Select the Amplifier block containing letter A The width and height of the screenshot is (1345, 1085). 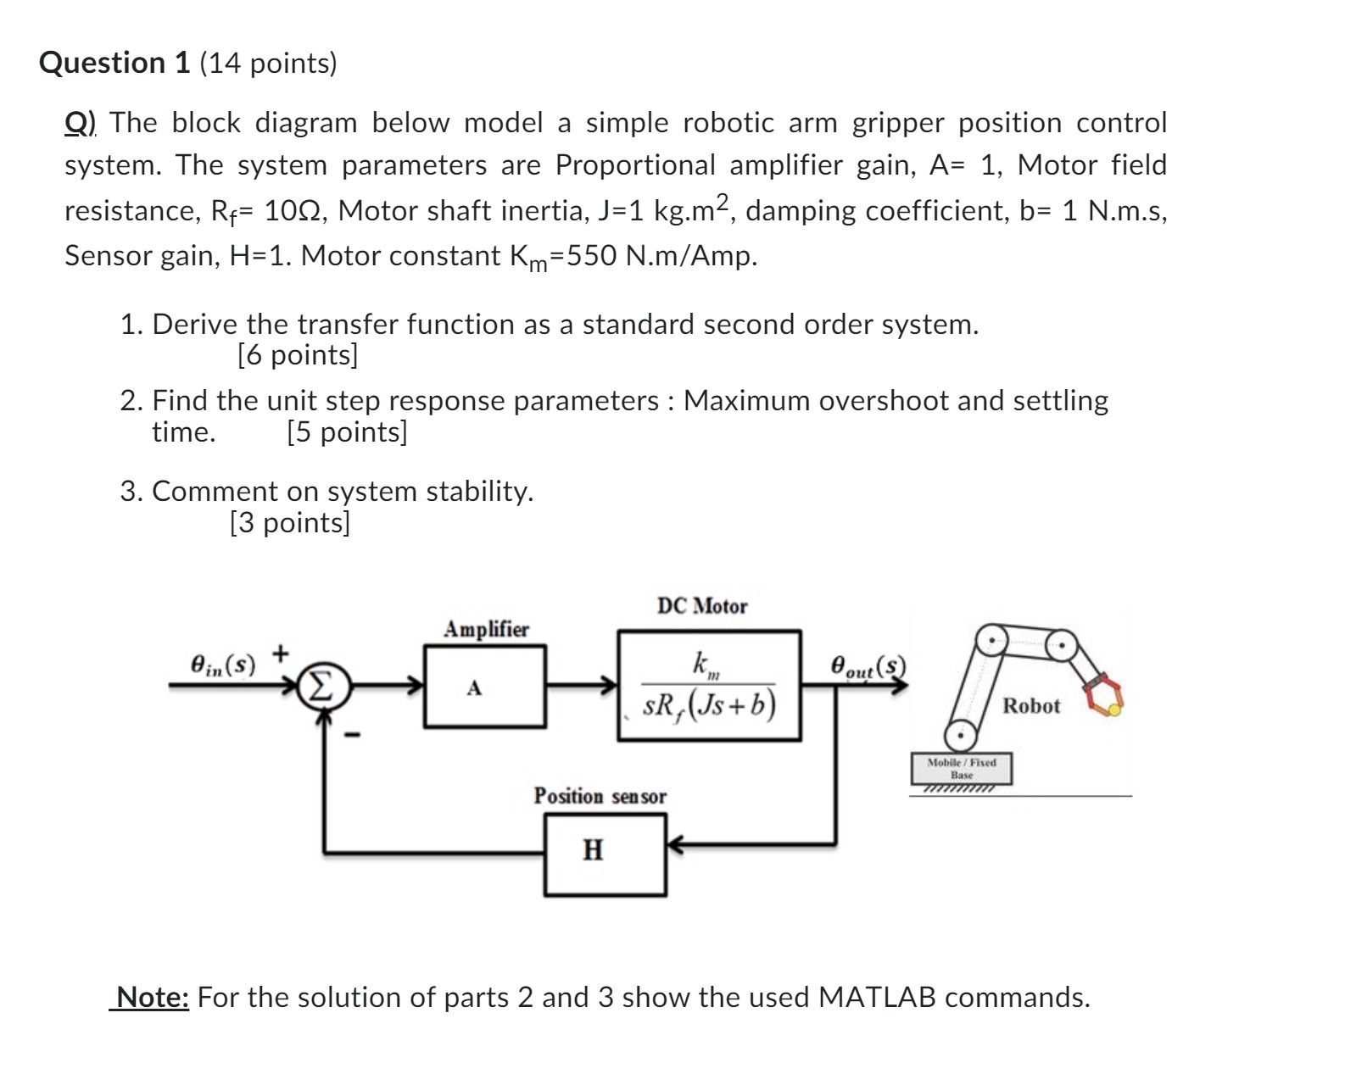pyautogui.click(x=484, y=686)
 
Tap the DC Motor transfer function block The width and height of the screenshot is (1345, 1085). pyautogui.click(x=709, y=685)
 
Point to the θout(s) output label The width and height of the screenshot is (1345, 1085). pyautogui.click(x=868, y=665)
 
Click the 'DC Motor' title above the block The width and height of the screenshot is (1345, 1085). pyautogui.click(x=702, y=606)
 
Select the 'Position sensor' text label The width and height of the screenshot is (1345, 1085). pyautogui.click(x=600, y=796)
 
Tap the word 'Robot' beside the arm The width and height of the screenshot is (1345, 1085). pyautogui.click(x=1030, y=705)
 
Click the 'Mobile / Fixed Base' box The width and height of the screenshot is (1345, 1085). pyautogui.click(x=961, y=768)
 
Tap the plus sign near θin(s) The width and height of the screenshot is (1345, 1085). pyautogui.click(x=281, y=653)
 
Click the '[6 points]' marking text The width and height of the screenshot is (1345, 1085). pyautogui.click(x=298, y=354)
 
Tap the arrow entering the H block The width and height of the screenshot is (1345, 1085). pyautogui.click(x=678, y=844)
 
